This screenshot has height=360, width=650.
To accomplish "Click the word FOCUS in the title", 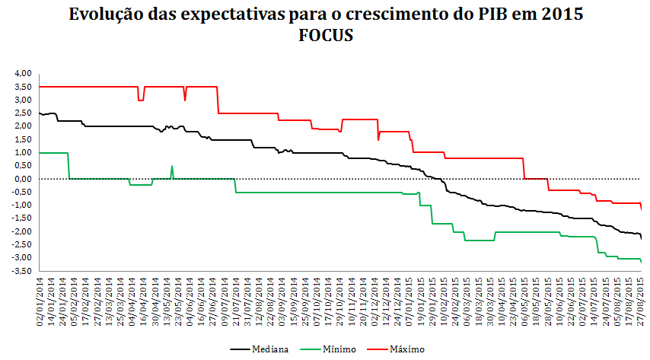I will [x=326, y=36].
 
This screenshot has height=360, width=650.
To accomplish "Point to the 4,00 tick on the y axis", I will [x=24, y=74].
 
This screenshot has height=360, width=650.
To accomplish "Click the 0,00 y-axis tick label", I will [x=24, y=179].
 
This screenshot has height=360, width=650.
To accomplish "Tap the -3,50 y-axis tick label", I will [x=22, y=271].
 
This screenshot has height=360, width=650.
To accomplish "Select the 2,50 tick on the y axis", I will [x=24, y=113].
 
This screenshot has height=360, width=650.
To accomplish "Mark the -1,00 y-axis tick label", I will [x=22, y=205].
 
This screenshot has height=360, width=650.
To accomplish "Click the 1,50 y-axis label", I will [x=24, y=139].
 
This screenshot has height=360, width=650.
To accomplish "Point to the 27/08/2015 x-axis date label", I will [x=641, y=302].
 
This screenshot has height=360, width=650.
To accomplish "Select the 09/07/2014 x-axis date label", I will [x=225, y=302].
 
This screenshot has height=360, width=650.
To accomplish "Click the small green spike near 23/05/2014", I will [x=172, y=167].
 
